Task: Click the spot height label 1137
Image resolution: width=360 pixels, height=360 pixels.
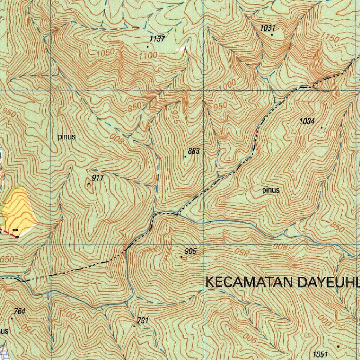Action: click(x=157, y=39)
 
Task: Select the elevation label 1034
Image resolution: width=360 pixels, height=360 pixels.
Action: click(x=307, y=121)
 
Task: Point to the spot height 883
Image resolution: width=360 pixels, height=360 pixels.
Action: click(x=194, y=151)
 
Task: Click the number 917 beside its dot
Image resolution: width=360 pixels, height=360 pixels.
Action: click(x=97, y=178)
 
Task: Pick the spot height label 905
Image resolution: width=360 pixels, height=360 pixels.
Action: click(x=190, y=251)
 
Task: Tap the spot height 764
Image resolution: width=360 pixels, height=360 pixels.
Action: click(x=19, y=311)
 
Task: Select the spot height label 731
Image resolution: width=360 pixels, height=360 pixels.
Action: click(x=143, y=320)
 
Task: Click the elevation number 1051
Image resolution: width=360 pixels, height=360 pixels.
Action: click(x=320, y=354)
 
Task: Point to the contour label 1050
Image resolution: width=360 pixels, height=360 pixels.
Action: click(x=105, y=53)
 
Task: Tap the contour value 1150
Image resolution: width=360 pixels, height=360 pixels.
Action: click(x=330, y=37)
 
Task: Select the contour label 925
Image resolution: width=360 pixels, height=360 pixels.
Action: click(x=176, y=116)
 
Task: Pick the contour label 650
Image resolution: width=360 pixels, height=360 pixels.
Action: click(x=7, y=259)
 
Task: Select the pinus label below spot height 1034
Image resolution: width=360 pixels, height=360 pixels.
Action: click(x=271, y=190)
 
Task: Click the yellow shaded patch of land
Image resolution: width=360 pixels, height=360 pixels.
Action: click(x=21, y=211)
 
